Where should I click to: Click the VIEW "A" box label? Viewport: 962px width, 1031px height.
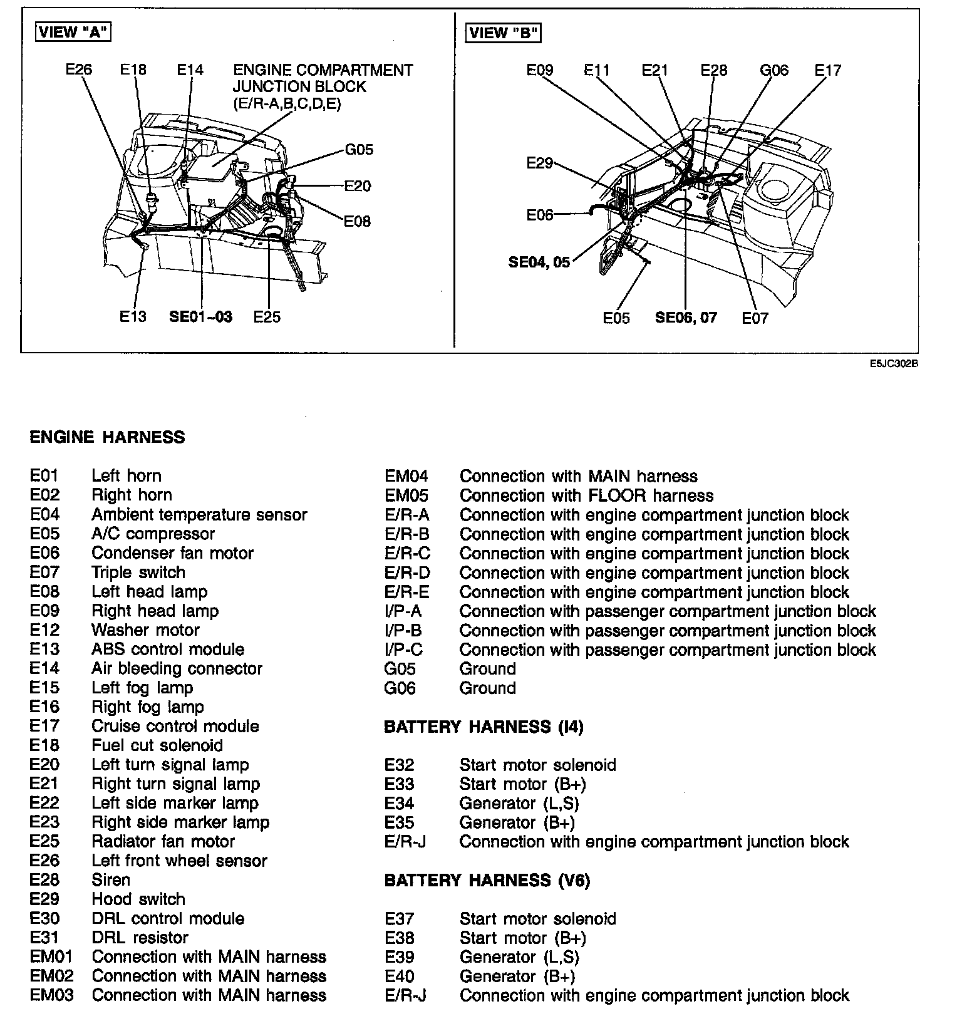click(73, 33)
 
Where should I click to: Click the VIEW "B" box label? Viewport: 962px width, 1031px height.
click(503, 33)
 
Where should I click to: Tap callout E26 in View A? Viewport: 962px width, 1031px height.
click(79, 69)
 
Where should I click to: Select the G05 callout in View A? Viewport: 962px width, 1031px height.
click(359, 149)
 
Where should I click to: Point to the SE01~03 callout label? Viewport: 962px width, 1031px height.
click(200, 317)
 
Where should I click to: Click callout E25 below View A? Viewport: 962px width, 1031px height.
click(267, 317)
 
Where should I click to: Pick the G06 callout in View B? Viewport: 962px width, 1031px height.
click(774, 70)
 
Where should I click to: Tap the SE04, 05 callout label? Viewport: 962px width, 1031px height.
click(539, 262)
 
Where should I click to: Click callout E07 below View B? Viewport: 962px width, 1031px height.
click(755, 318)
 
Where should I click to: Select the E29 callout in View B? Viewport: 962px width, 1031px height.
click(539, 163)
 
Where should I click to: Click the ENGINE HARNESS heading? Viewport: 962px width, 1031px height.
click(107, 437)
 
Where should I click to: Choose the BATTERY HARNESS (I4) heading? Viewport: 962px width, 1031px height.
click(484, 727)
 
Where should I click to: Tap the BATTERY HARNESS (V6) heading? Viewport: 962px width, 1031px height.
click(487, 881)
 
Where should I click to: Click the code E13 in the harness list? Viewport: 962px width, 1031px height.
click(44, 650)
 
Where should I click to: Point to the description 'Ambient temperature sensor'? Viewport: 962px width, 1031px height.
click(199, 515)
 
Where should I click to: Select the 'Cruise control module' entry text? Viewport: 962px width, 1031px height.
click(175, 727)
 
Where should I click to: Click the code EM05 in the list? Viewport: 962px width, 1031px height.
click(406, 496)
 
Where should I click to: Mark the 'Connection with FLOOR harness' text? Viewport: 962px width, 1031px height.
click(586, 496)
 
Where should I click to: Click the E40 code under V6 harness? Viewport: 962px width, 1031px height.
click(400, 977)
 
